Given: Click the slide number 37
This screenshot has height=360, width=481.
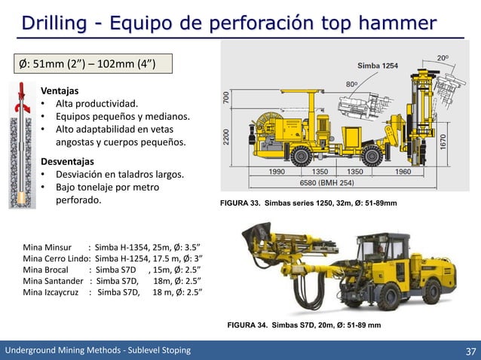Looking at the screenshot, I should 470,350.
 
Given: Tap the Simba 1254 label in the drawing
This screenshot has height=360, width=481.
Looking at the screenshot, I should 378,66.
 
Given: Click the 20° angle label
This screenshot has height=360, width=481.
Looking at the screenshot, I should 444,56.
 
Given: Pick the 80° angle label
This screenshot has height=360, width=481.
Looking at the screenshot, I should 352,84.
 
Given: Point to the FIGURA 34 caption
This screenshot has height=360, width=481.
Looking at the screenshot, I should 304,325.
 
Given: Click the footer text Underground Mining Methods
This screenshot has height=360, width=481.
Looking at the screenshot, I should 98,350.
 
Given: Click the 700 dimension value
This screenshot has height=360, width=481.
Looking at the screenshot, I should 226,98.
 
